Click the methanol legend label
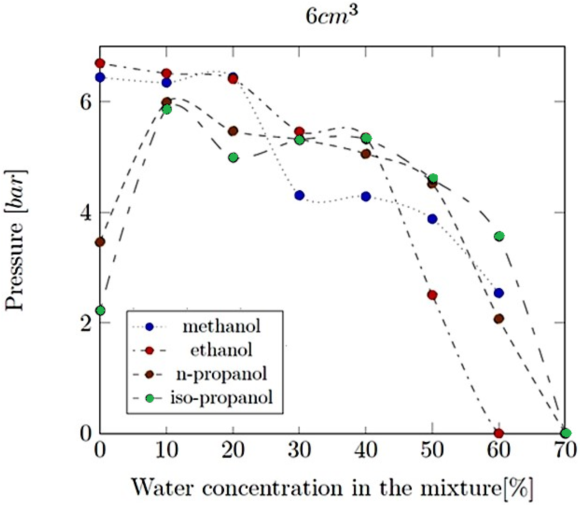(221, 327)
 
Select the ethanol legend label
(221, 350)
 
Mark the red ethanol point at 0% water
(100, 63)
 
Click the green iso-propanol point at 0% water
(100, 310)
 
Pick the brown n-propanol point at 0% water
(100, 242)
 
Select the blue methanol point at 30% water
(300, 195)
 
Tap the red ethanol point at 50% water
(432, 295)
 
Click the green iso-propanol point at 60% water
(499, 236)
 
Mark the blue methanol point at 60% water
(499, 293)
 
